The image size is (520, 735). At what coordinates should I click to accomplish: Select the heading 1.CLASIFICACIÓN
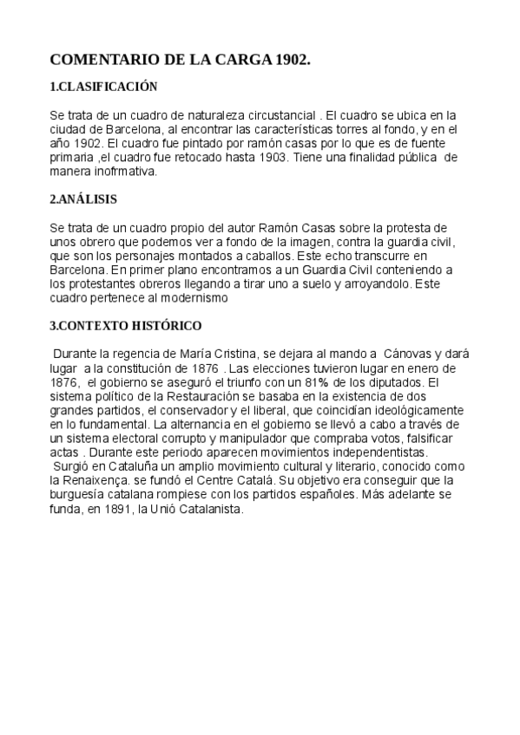103,87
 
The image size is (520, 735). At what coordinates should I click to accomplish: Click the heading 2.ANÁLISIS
83,199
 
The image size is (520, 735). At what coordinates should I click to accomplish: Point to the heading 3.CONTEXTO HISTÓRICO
126,326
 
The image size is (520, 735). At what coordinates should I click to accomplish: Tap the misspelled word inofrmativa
127,172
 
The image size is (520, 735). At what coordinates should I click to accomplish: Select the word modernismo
196,298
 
